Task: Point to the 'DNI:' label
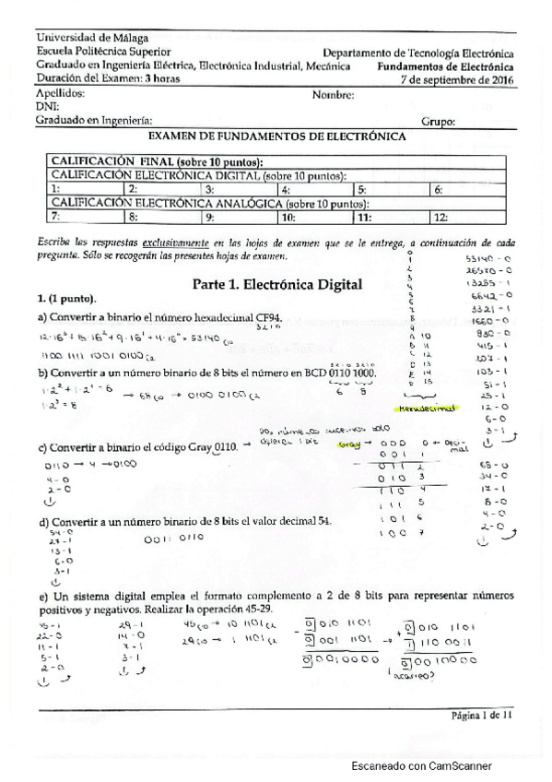[x=47, y=107]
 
